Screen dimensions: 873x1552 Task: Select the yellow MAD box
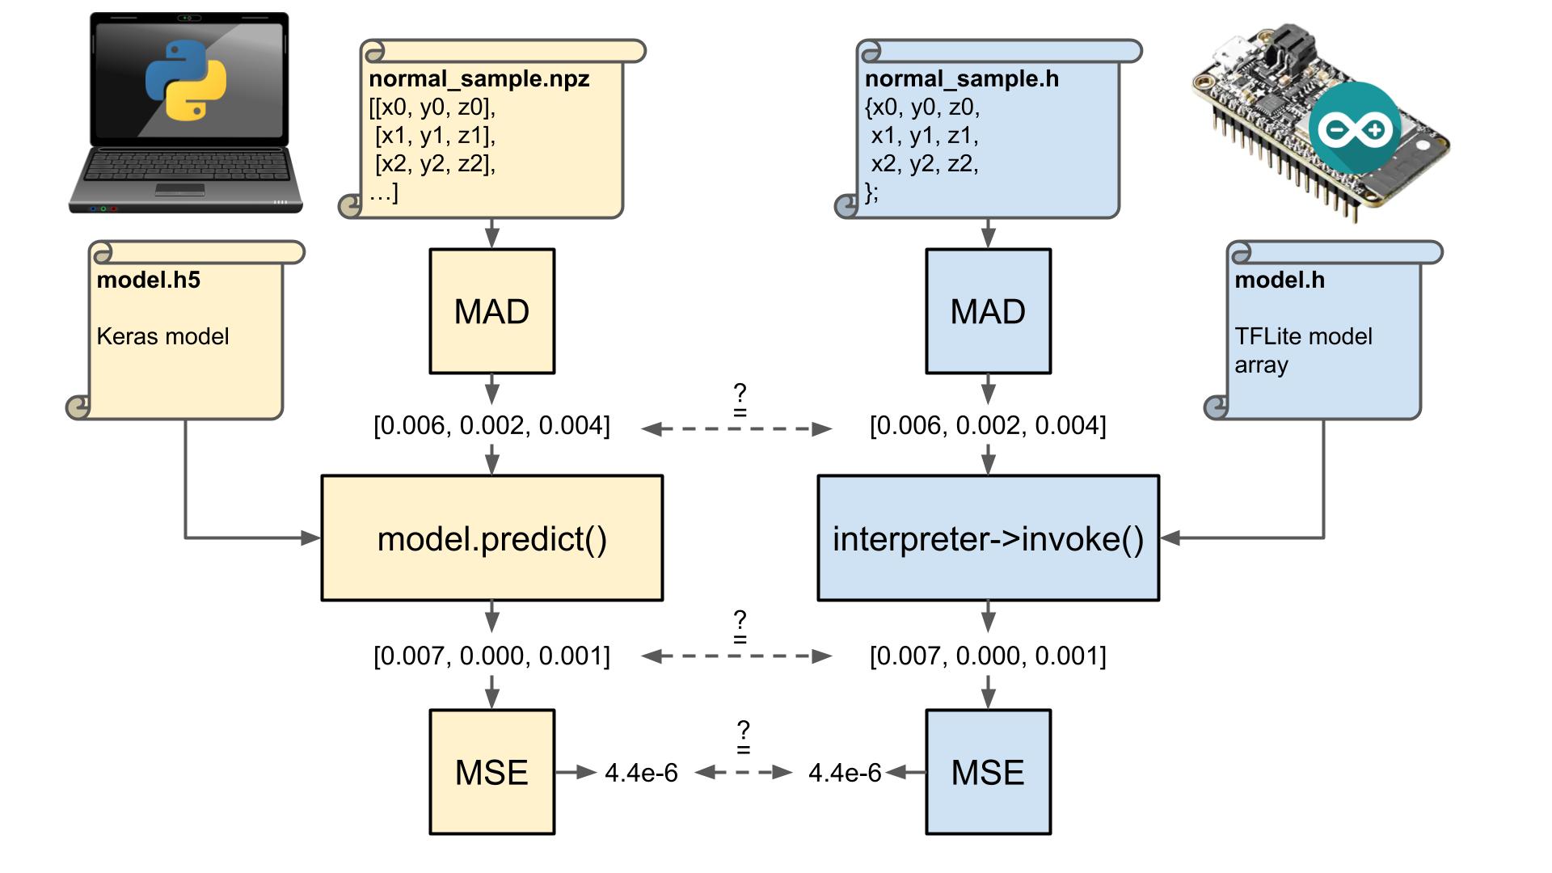click(x=491, y=311)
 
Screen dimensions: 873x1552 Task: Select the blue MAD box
click(x=988, y=311)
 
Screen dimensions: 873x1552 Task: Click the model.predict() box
click(x=491, y=538)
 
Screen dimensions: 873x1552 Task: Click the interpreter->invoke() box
click(x=988, y=538)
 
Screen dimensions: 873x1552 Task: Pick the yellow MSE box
click(x=491, y=772)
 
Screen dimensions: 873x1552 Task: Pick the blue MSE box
click(x=988, y=772)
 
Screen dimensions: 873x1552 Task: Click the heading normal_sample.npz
click(x=479, y=78)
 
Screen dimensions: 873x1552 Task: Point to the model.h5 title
click(x=148, y=280)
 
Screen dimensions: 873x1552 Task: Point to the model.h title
click(x=1279, y=280)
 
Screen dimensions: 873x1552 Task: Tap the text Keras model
click(x=162, y=336)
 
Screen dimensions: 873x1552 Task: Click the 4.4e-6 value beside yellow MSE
click(x=641, y=773)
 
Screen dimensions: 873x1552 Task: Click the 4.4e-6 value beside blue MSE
click(x=845, y=773)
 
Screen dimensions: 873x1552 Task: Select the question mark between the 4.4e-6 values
click(x=743, y=729)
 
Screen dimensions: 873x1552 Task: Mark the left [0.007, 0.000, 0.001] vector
click(x=491, y=656)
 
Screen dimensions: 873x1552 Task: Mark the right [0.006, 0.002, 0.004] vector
click(x=988, y=425)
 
